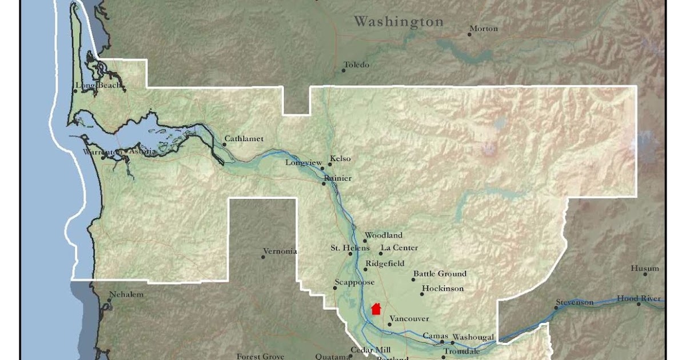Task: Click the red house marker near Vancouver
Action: pos(376,309)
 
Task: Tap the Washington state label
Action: pos(398,22)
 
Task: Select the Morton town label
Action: pos(484,29)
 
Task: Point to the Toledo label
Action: pos(357,65)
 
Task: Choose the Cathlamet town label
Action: pos(244,139)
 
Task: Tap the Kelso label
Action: pos(341,159)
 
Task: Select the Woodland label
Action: pos(384,235)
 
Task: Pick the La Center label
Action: pos(400,248)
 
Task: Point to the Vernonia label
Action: pos(280,251)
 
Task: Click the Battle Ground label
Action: pos(440,274)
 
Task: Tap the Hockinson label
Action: pos(442,289)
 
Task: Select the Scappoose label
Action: pos(354,282)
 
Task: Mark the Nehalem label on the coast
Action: pos(126,295)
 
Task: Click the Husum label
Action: pos(645,269)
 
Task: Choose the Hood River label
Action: pos(639,299)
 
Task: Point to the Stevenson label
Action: pos(575,302)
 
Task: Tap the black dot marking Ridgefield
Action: pos(366,269)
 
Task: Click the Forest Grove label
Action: pos(261,357)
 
